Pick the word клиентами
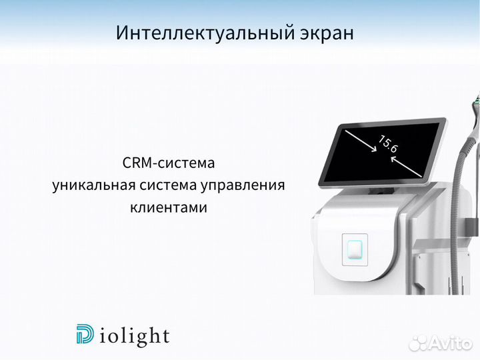coord(169,207)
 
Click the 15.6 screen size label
coord(388,145)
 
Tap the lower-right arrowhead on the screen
coord(419,175)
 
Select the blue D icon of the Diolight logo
coord(86,335)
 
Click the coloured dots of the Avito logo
coord(417,343)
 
